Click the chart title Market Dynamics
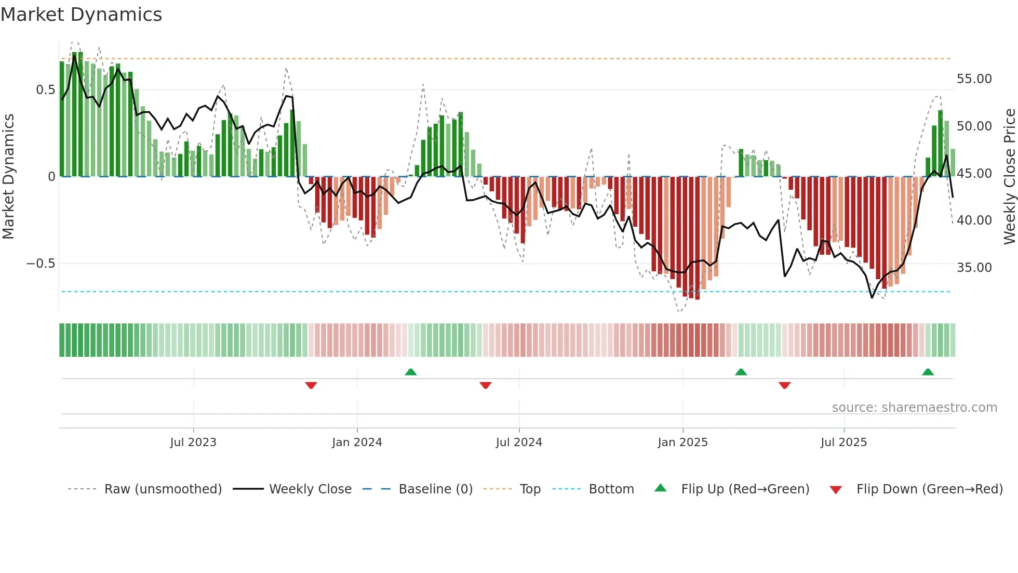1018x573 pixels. click(x=81, y=15)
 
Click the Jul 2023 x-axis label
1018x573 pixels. click(x=193, y=442)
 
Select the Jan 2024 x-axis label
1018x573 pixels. click(x=357, y=442)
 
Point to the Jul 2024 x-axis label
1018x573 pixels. click(x=519, y=442)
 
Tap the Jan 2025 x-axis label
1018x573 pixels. click(x=682, y=442)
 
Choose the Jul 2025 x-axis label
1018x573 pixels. click(x=843, y=442)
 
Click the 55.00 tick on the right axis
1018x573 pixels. click(x=974, y=79)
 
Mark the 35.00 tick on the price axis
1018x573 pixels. click(x=974, y=268)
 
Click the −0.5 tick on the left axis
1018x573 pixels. click(x=41, y=264)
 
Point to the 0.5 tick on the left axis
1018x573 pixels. click(x=45, y=90)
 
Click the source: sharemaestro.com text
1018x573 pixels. click(x=914, y=408)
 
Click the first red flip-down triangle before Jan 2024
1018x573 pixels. click(x=311, y=385)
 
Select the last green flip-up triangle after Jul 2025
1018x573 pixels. click(x=928, y=372)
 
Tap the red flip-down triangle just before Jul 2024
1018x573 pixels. click(x=485, y=385)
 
